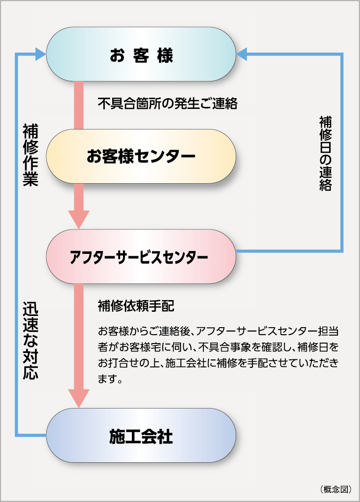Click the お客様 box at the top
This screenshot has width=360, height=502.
[x=141, y=54]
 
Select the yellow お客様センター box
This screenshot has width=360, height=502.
[x=141, y=156]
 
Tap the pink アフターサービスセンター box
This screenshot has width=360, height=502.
[x=141, y=257]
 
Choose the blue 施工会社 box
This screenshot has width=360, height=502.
[x=141, y=436]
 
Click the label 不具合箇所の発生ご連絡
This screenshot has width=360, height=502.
[x=167, y=103]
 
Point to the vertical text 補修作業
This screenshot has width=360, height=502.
[x=30, y=155]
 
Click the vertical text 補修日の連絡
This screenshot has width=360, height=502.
[x=325, y=154]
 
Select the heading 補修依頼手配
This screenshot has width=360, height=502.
[x=136, y=306]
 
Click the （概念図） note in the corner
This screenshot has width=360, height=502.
[x=336, y=489]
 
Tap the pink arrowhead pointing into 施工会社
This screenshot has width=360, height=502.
[x=79, y=398]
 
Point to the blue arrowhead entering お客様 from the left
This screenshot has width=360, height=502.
[x=41, y=54]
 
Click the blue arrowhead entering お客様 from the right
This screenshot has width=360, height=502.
[x=242, y=54]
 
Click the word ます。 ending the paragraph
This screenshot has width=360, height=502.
[x=110, y=379]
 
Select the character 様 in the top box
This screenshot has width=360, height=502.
[x=165, y=55]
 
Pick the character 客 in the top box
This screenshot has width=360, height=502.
[x=141, y=55]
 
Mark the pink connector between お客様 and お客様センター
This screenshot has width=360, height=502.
[x=79, y=105]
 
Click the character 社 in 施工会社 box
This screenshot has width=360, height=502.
[x=165, y=437]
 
